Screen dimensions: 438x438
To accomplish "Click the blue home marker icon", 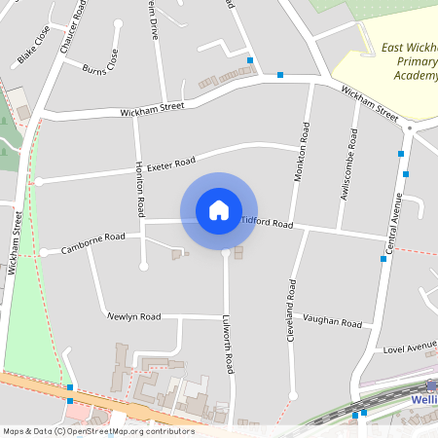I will pos(219,210).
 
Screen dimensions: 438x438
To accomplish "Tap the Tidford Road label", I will pos(266,223).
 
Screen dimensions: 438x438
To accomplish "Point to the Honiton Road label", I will pos(140,189).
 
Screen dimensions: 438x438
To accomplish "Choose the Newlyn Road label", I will pos(134,316).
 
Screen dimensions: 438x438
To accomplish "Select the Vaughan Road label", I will pos(332,321).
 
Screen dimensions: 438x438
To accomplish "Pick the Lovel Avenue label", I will pos(409,347).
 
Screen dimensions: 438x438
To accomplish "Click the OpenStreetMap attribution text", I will pos(98,431).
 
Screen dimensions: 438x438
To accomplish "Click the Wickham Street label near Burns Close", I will pos(152,110).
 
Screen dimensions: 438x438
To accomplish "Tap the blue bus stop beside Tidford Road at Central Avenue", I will pos(383,258).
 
